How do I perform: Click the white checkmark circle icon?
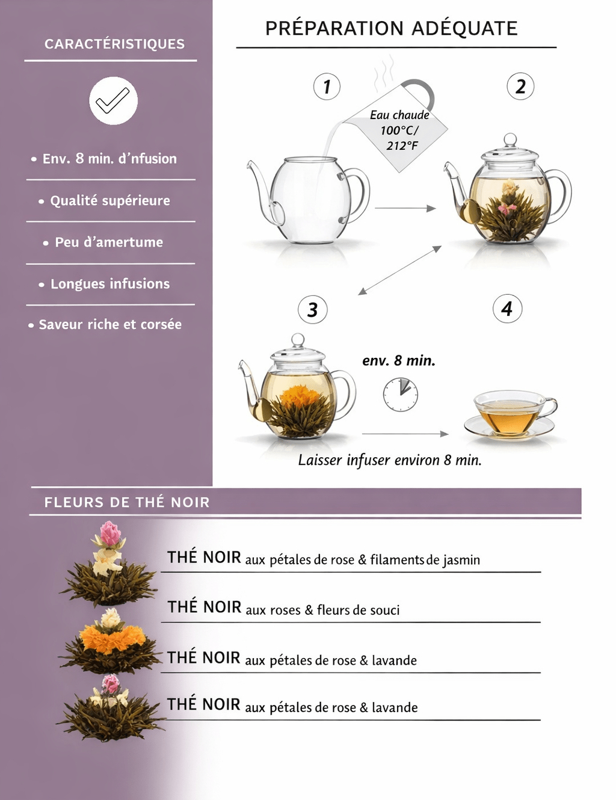point(114,100)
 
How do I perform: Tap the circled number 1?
point(327,87)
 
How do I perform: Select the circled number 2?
point(520,87)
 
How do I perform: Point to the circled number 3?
point(312,309)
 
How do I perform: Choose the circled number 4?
point(507,309)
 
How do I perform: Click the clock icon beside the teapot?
point(401,395)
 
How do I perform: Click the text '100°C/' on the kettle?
point(399,131)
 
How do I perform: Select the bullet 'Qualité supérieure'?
point(105,201)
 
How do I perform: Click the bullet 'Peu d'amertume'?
point(103,242)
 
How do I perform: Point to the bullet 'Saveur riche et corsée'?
point(105,324)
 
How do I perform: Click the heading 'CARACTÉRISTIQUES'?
point(114,44)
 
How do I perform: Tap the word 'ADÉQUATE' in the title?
point(464,28)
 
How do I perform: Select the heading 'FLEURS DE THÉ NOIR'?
point(127,502)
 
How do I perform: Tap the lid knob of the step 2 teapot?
point(510,139)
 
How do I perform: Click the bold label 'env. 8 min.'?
point(399,360)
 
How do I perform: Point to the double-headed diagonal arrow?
point(400,270)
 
